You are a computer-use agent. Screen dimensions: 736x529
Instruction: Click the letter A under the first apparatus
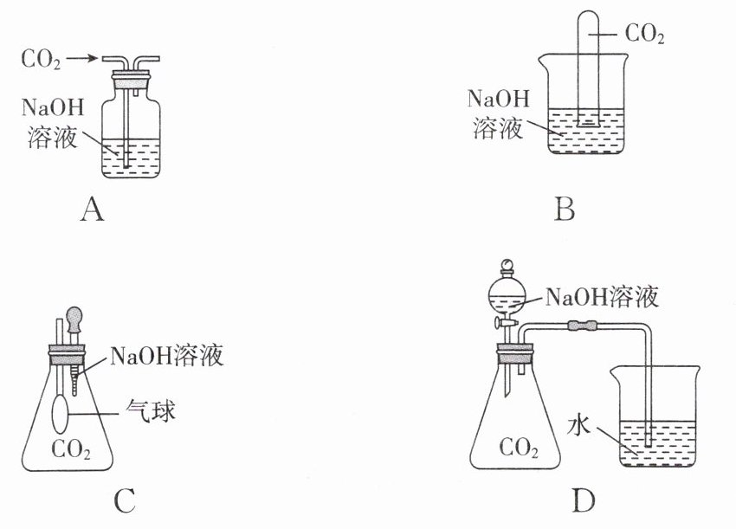click(92, 209)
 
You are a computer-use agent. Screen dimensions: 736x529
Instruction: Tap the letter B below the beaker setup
click(565, 209)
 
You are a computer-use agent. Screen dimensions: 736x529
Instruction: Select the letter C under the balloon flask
click(125, 500)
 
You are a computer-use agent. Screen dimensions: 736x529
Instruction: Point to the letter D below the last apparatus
click(584, 500)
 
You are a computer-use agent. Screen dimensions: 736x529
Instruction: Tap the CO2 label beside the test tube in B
click(644, 34)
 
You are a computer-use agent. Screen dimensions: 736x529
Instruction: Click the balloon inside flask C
click(60, 414)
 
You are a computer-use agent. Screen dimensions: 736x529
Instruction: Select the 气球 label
click(151, 411)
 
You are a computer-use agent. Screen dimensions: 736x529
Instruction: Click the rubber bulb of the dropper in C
click(74, 318)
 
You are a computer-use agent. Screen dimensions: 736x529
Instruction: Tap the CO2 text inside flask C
click(71, 449)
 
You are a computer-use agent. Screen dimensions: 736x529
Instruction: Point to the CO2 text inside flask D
click(519, 448)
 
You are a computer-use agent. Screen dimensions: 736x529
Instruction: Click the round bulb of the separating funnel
click(507, 294)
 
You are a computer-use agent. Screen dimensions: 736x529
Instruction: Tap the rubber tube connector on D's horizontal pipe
click(582, 325)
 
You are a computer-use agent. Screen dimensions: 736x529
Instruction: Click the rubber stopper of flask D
click(515, 353)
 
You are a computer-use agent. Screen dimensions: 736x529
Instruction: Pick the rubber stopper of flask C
click(68, 355)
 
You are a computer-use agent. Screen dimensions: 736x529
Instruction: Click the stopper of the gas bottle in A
click(131, 80)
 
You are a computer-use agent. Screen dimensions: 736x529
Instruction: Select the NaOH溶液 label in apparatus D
click(603, 297)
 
